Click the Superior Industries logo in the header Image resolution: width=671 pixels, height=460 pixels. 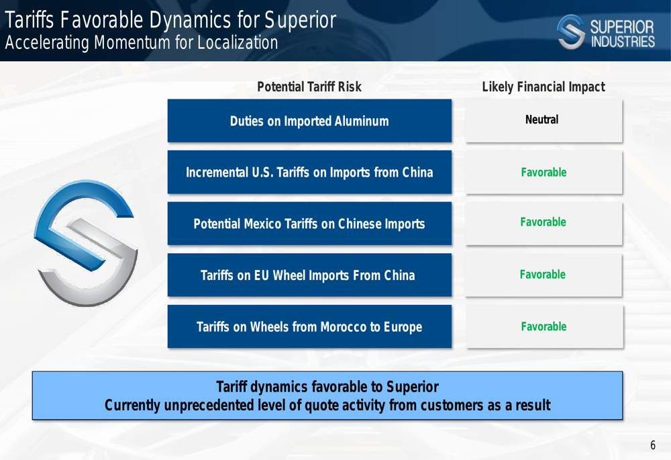point(605,32)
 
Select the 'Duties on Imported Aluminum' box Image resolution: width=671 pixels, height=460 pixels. point(309,121)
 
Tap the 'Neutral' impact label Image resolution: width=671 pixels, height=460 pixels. point(541,120)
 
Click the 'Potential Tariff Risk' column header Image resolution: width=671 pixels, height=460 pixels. point(309,87)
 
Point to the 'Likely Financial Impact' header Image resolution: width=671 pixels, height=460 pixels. point(544,87)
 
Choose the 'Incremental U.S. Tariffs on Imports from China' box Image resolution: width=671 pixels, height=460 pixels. point(309,172)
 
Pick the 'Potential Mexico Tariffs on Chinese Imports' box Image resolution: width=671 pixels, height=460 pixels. point(309,224)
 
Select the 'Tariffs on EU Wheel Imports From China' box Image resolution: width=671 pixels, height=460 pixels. point(309,275)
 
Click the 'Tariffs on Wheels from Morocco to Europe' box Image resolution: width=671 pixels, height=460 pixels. point(309,326)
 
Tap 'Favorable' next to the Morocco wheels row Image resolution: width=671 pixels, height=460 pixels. point(544,326)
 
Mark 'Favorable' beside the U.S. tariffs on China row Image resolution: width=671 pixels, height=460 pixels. point(544,172)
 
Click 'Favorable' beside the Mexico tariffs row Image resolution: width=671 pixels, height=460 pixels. point(543,222)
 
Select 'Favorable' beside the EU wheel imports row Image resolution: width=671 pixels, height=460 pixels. point(543,274)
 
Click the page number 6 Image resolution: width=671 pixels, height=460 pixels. point(653,445)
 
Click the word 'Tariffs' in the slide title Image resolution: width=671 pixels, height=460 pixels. point(29,20)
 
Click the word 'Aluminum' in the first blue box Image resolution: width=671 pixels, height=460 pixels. point(362,121)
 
